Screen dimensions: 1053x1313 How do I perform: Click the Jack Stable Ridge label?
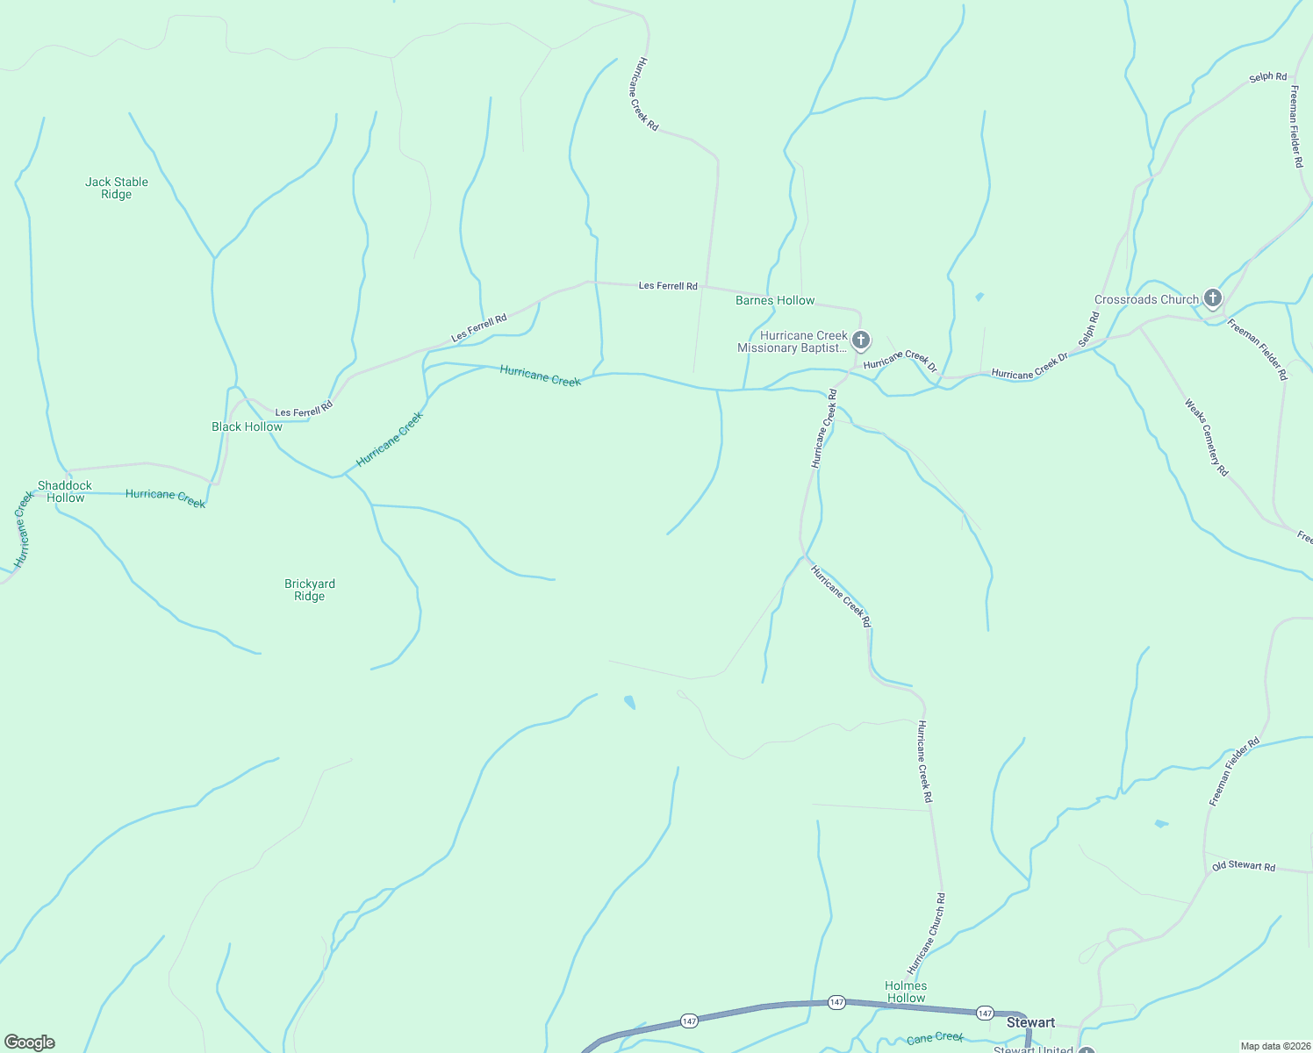117,188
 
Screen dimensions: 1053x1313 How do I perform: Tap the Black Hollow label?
247,426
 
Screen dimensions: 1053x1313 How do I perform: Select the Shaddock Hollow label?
65,491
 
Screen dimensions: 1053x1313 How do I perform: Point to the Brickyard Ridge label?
310,590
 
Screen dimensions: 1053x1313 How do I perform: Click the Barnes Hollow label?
775,300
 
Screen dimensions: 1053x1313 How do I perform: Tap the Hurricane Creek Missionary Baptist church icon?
861,340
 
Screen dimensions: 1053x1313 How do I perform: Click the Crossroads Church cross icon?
1212,298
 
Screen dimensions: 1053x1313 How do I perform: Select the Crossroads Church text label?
1145,299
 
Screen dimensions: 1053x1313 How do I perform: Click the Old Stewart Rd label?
1244,866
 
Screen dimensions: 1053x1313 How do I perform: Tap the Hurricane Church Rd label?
927,934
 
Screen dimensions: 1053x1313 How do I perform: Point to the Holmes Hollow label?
906,992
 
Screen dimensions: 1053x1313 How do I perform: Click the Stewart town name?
1030,1022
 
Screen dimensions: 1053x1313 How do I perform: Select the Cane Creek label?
935,1038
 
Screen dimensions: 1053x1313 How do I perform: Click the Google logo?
29,1042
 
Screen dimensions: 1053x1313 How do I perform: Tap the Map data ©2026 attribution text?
1274,1046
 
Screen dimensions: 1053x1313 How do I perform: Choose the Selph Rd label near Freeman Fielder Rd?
1267,77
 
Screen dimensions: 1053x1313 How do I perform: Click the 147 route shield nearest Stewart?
985,1014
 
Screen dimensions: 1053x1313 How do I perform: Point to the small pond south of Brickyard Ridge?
629,701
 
